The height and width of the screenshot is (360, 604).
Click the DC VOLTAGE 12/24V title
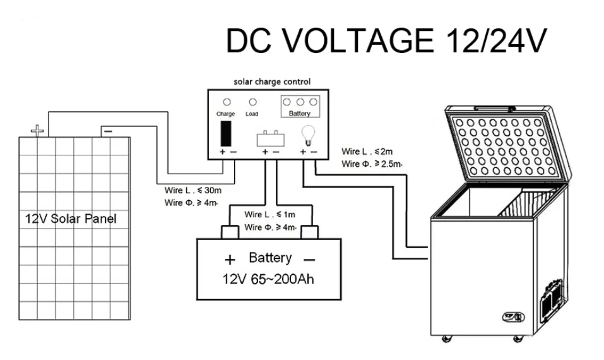(386, 40)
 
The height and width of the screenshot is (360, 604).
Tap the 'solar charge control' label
(272, 81)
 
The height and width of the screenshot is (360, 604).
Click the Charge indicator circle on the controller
(227, 102)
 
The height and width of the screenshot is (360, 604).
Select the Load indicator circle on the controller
(252, 102)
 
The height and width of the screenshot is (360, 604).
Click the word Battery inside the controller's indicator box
(299, 113)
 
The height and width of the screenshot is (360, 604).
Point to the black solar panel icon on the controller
(226, 133)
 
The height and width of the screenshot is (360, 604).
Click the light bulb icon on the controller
(308, 135)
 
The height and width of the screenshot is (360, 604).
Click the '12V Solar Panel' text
(71, 219)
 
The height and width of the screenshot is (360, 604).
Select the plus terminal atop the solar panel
(37, 131)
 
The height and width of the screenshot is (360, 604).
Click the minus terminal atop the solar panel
(109, 131)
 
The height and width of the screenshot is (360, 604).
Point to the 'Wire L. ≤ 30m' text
(193, 190)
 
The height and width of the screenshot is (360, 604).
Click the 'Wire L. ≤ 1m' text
(269, 215)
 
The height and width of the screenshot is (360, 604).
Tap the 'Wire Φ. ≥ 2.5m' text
(372, 164)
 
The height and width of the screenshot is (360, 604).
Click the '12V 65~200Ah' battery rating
(268, 279)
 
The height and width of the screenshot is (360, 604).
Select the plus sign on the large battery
(230, 260)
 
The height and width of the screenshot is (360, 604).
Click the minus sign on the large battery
(309, 260)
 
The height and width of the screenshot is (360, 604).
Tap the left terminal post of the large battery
(230, 232)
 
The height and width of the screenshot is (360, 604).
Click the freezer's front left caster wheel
(447, 339)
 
